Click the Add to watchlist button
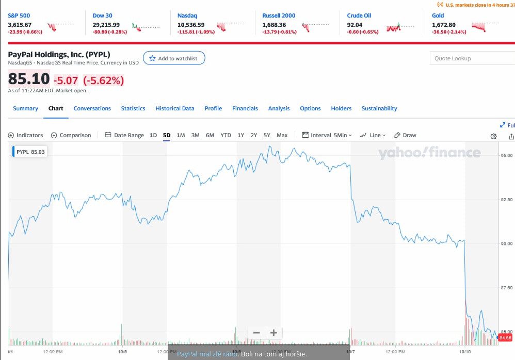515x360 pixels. (174, 58)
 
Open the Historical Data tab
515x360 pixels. (175, 108)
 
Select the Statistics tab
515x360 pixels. (133, 108)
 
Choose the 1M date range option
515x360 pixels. (181, 135)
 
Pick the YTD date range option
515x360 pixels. (226, 135)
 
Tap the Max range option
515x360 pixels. (282, 135)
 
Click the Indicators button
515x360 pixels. (26, 135)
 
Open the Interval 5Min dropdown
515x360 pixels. (327, 135)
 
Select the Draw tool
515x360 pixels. (405, 135)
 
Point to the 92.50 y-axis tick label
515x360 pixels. (506, 199)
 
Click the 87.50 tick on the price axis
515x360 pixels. (506, 287)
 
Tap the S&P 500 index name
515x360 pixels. (19, 15)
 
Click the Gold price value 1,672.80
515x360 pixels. (444, 24)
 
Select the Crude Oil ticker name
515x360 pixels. (359, 15)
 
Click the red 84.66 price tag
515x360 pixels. (506, 337)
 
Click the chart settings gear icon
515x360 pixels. (494, 136)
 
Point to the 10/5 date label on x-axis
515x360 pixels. (122, 352)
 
